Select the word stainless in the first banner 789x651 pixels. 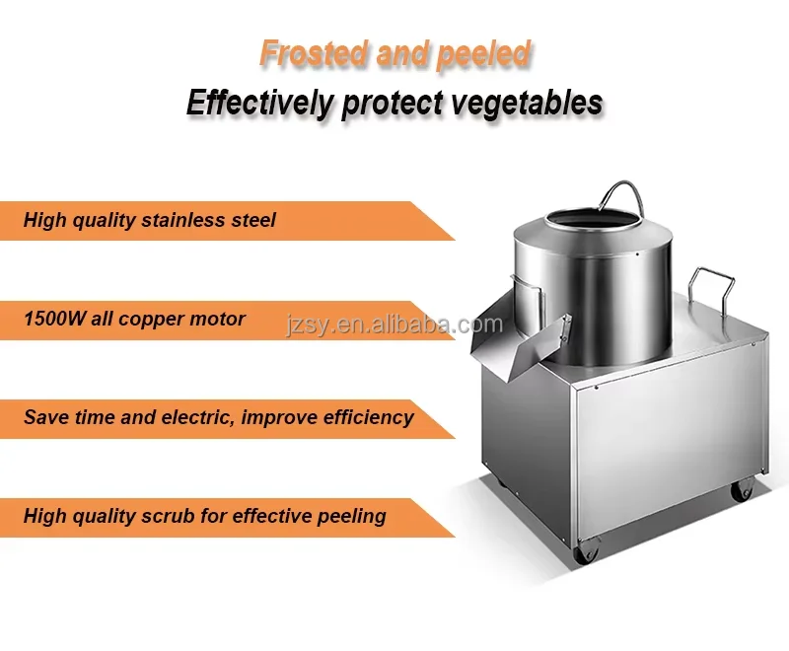click(x=184, y=220)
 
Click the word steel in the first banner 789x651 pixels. click(x=252, y=220)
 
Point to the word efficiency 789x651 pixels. click(x=360, y=417)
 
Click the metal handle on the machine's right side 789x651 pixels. click(x=713, y=285)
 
